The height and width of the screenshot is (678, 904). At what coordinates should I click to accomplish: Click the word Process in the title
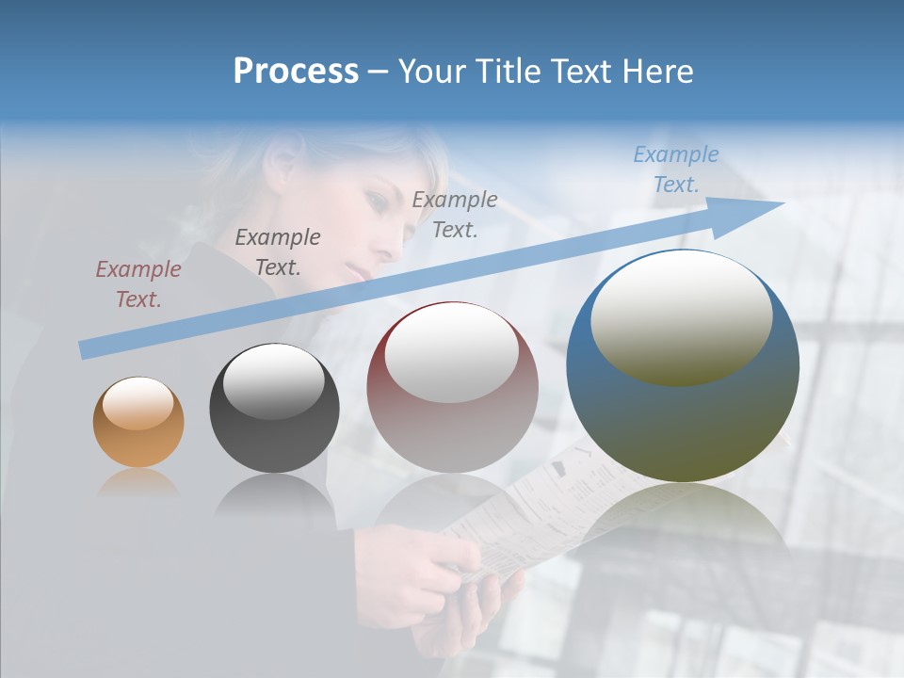(x=296, y=72)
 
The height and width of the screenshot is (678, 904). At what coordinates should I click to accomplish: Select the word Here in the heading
(x=658, y=72)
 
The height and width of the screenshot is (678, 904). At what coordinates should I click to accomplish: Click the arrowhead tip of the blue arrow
(x=782, y=203)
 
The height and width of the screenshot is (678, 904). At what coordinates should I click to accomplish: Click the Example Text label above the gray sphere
(x=278, y=252)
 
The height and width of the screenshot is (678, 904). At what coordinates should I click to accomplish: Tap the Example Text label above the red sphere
(x=455, y=215)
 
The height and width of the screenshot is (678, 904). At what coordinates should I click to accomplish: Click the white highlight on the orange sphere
(x=138, y=402)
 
